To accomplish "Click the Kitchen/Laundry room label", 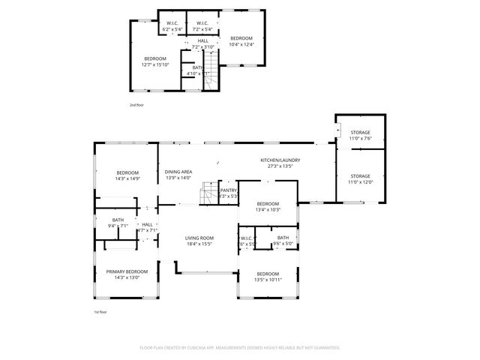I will pyautogui.click(x=280, y=160).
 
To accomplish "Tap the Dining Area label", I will pyautogui.click(x=178, y=172).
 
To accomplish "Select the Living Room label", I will pyautogui.click(x=199, y=238).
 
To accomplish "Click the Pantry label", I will pyautogui.click(x=229, y=190).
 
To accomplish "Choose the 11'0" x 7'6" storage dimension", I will pyautogui.click(x=359, y=138).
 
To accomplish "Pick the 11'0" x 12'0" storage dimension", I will pyautogui.click(x=359, y=182).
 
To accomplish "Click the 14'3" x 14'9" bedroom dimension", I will pyautogui.click(x=127, y=179).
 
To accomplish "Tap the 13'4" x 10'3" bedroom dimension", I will pyautogui.click(x=268, y=210).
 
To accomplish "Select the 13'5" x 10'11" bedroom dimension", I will pyautogui.click(x=268, y=280).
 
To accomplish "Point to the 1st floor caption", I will pyautogui.click(x=100, y=311).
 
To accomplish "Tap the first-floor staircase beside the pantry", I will pyautogui.click(x=208, y=196).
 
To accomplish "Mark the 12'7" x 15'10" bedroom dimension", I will pyautogui.click(x=156, y=64).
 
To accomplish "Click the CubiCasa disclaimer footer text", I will pyautogui.click(x=240, y=348).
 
